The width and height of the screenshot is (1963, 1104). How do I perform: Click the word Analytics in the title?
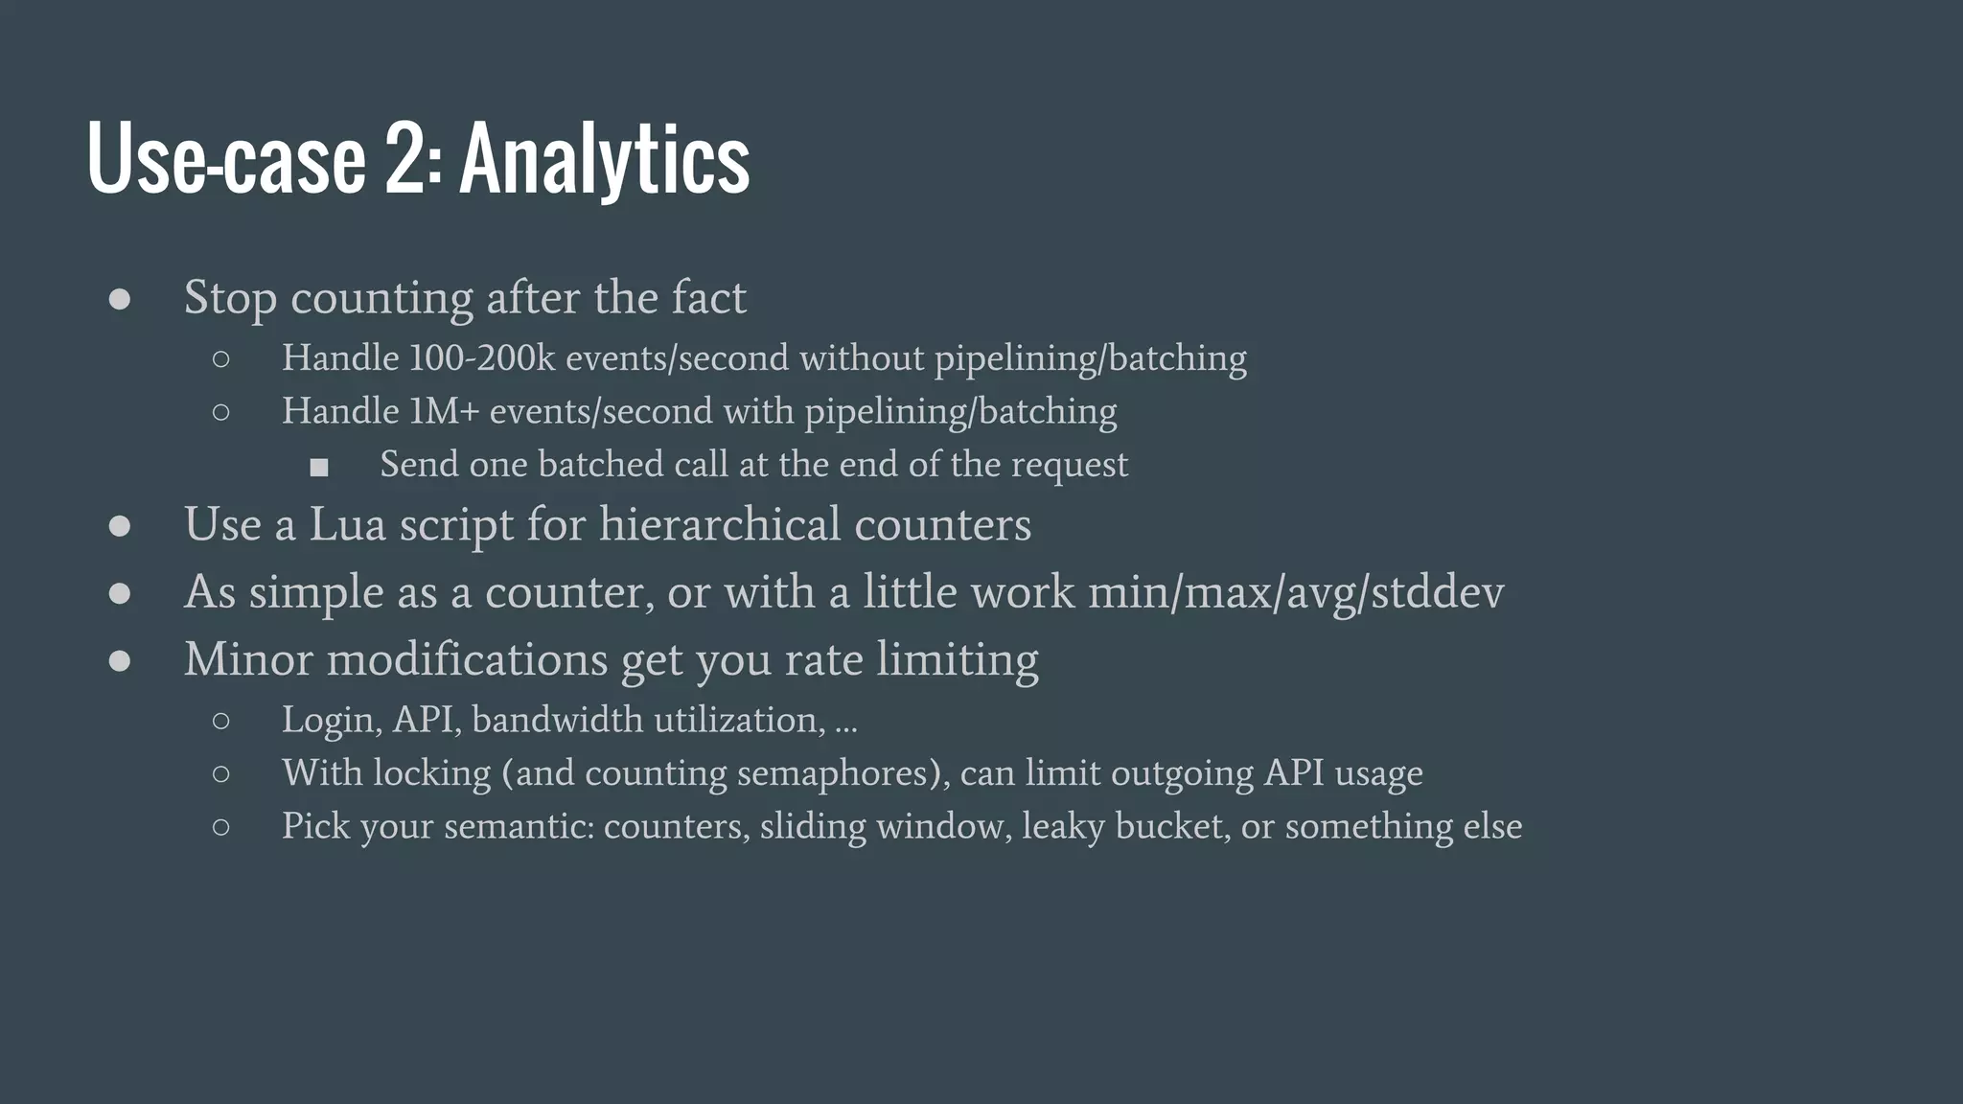pyautogui.click(x=605, y=159)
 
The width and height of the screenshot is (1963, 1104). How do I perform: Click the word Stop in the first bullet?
pyautogui.click(x=230, y=298)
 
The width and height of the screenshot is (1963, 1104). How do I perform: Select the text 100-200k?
pyautogui.click(x=482, y=358)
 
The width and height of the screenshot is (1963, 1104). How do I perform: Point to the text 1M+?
pyautogui.click(x=444, y=412)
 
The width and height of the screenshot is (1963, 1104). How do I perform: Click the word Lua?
pyautogui.click(x=347, y=524)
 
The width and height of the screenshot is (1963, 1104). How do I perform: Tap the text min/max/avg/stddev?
pyautogui.click(x=1296, y=592)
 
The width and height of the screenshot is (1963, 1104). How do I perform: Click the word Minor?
pyautogui.click(x=248, y=659)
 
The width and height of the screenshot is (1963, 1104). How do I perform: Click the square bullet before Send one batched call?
pyautogui.click(x=319, y=467)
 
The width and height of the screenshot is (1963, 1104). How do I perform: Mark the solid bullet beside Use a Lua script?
pyautogui.click(x=120, y=526)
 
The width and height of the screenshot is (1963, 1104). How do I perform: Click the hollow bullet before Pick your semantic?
pyautogui.click(x=221, y=827)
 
